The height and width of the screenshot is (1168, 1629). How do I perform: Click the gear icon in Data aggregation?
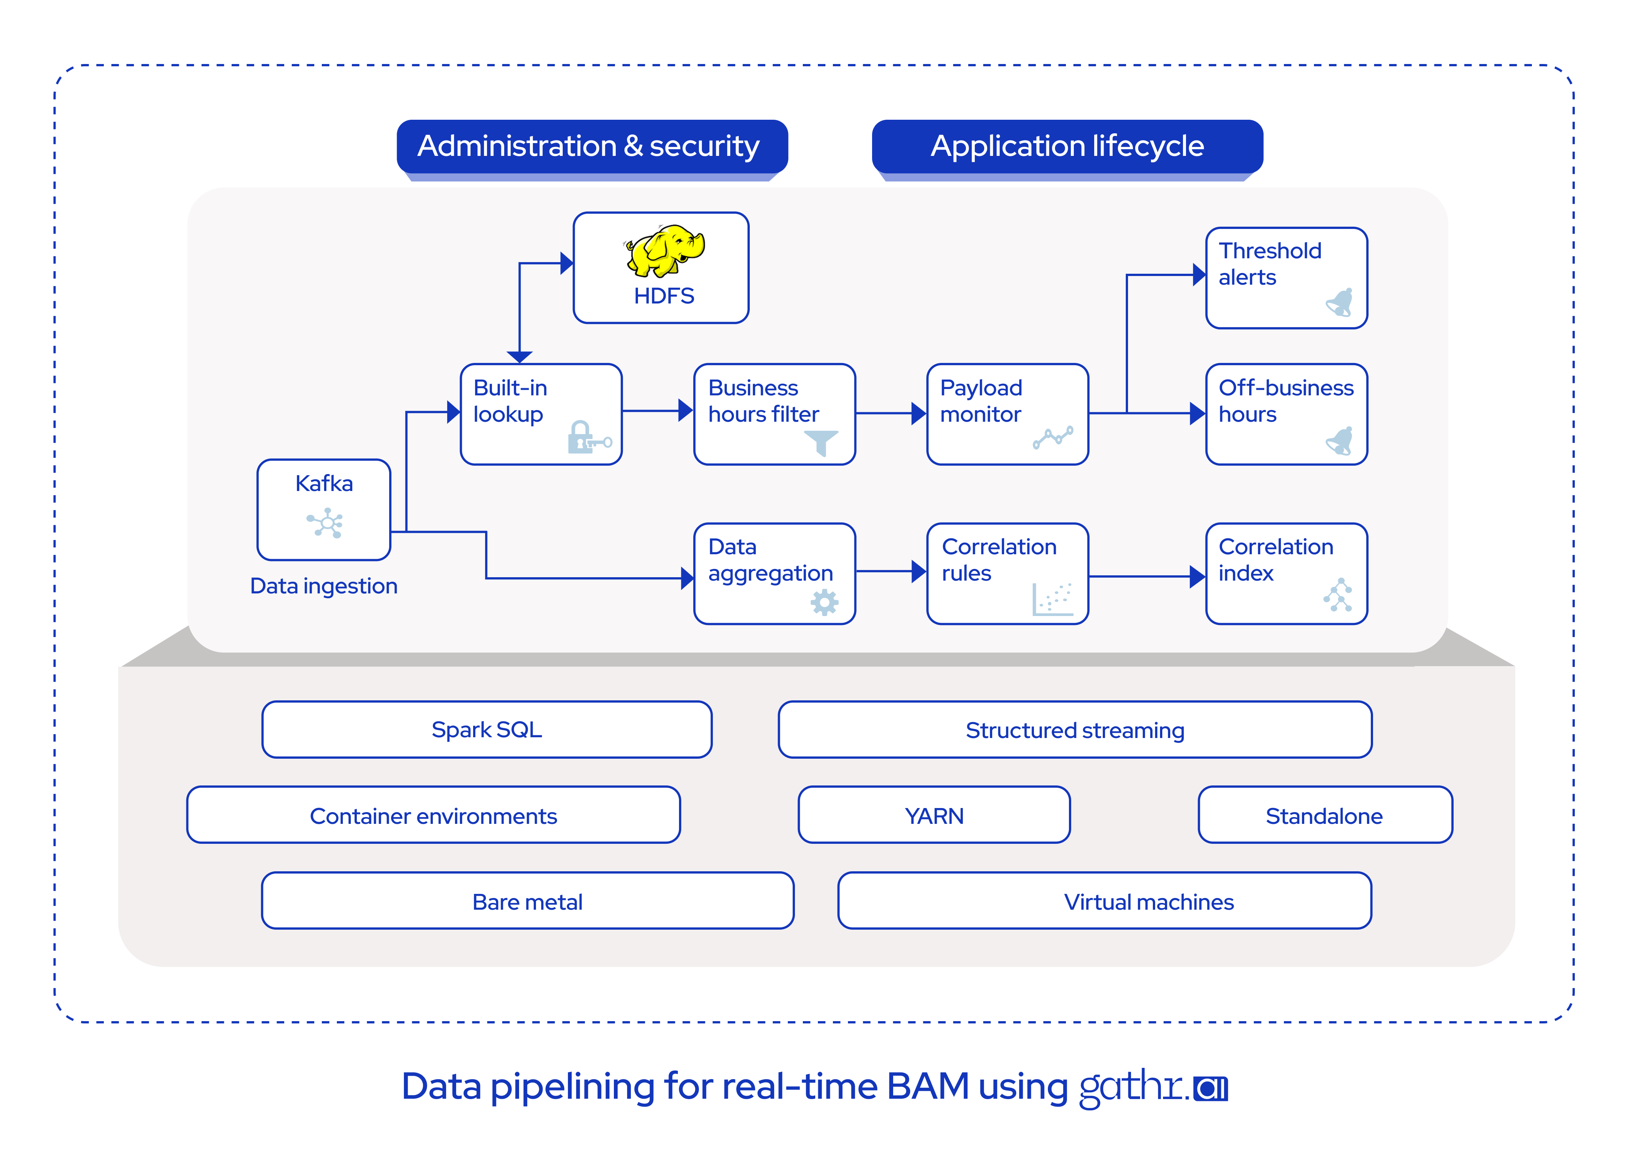[825, 602]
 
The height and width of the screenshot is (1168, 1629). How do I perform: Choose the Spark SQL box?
[487, 730]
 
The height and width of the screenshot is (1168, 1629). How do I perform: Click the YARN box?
[935, 815]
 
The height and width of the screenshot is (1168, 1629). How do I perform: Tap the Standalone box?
[1325, 815]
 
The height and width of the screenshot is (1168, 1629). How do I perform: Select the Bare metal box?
[528, 901]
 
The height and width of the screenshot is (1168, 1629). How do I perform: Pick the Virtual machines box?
[1105, 901]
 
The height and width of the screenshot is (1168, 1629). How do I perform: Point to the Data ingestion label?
[324, 586]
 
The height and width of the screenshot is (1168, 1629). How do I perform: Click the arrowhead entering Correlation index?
[1197, 576]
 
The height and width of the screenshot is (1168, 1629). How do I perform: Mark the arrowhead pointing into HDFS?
[567, 263]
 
